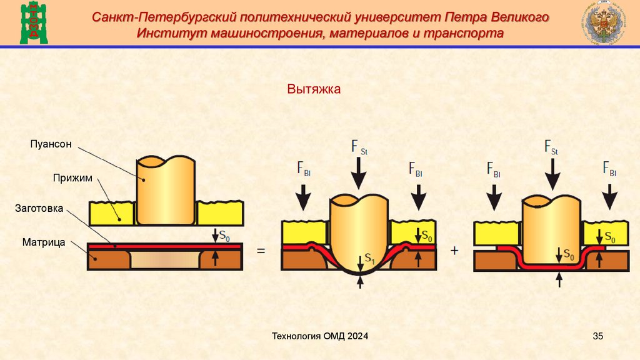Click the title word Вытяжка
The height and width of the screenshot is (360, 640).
click(314, 90)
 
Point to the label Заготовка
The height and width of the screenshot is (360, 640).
click(39, 209)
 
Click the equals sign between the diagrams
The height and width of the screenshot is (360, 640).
click(261, 251)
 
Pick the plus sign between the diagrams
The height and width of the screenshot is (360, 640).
click(454, 251)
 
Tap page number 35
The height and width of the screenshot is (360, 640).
click(597, 337)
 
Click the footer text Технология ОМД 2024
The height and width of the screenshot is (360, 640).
click(319, 337)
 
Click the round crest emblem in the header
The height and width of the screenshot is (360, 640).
click(606, 24)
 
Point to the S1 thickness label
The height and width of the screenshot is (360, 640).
click(369, 257)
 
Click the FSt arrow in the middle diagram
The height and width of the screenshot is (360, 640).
click(359, 172)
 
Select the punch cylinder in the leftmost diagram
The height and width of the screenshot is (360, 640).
click(166, 191)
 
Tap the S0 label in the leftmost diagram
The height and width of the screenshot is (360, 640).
click(223, 236)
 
